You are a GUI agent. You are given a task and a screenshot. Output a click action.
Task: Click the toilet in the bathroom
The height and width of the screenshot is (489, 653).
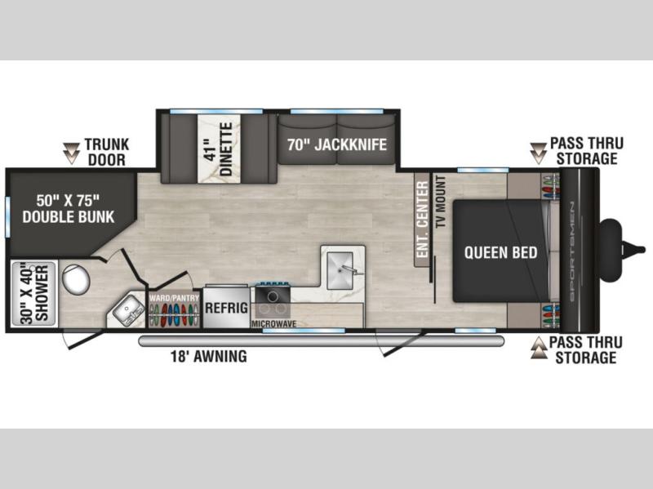76,280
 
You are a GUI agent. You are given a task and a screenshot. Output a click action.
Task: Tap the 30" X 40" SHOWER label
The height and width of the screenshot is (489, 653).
35,294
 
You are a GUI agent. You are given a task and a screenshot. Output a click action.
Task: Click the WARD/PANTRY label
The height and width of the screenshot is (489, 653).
174,298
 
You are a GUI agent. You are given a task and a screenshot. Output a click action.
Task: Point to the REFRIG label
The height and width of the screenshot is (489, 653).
226,308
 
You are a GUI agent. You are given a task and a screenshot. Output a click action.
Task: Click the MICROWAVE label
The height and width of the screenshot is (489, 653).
273,323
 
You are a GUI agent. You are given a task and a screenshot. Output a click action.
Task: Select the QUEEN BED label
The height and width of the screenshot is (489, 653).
500,252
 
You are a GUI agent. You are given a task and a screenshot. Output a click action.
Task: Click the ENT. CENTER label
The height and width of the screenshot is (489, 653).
422,219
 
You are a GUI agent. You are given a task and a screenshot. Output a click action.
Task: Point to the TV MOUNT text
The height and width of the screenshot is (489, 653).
440,201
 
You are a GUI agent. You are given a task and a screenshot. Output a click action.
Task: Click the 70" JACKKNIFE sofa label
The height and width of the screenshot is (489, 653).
337,144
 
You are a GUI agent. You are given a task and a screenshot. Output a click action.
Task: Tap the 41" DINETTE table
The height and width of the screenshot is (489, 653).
219,149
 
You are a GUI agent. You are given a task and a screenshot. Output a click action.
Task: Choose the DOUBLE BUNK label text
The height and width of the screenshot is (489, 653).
69,216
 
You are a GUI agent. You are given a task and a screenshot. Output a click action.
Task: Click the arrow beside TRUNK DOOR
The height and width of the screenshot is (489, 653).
71,153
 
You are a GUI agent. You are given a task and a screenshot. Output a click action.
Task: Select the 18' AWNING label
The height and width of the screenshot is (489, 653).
209,356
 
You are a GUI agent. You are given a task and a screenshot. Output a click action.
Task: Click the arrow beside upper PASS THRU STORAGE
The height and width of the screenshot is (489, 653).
538,153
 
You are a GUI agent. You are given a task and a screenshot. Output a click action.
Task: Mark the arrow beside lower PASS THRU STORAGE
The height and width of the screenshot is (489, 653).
539,348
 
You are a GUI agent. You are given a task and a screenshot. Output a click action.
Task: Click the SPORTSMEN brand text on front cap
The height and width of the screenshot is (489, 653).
571,251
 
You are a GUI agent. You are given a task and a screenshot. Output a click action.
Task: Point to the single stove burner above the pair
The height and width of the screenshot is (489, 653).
273,296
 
